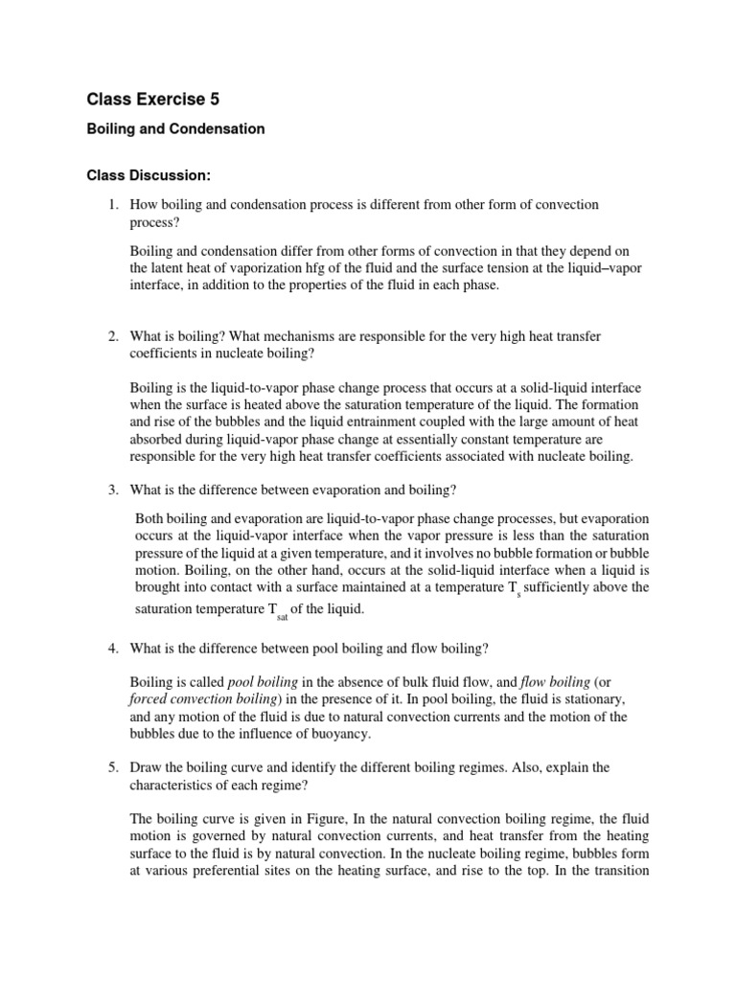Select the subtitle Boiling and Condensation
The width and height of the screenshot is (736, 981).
[x=176, y=128]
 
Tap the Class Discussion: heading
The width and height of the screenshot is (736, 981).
[x=149, y=175]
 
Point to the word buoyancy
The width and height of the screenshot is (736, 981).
[x=336, y=735]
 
